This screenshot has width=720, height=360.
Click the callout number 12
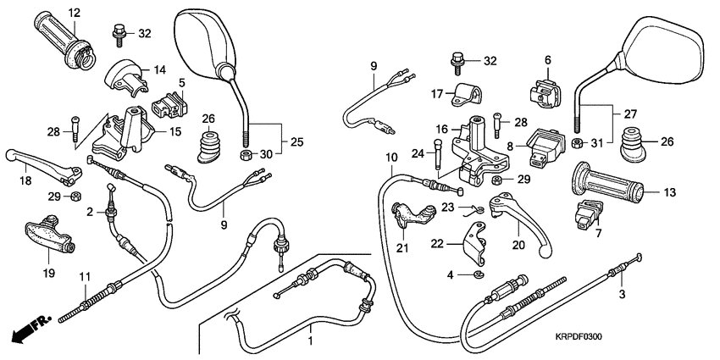tap(74, 13)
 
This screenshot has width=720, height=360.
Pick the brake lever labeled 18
tap(42, 163)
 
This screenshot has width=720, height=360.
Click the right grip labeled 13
tap(607, 185)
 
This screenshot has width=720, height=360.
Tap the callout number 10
tap(390, 158)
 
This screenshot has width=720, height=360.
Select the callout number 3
tap(623, 294)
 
